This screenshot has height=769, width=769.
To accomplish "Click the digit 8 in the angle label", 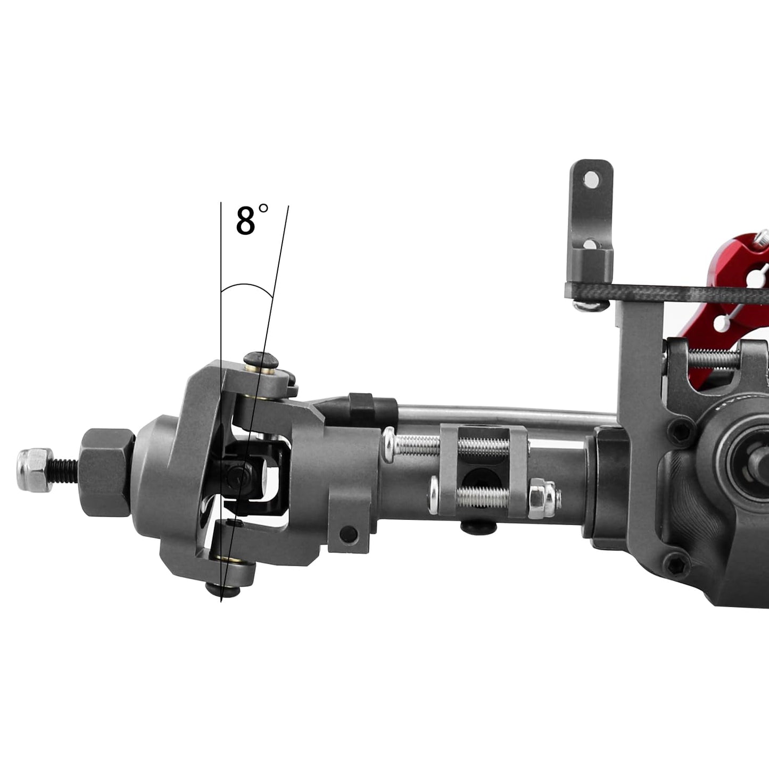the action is [245, 221].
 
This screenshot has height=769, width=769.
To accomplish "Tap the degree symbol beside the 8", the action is [263, 208].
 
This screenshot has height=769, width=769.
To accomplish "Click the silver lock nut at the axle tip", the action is [35, 469].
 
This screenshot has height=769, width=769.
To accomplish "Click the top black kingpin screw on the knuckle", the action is [261, 361].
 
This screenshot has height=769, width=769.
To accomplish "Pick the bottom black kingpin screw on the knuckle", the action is [222, 590].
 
